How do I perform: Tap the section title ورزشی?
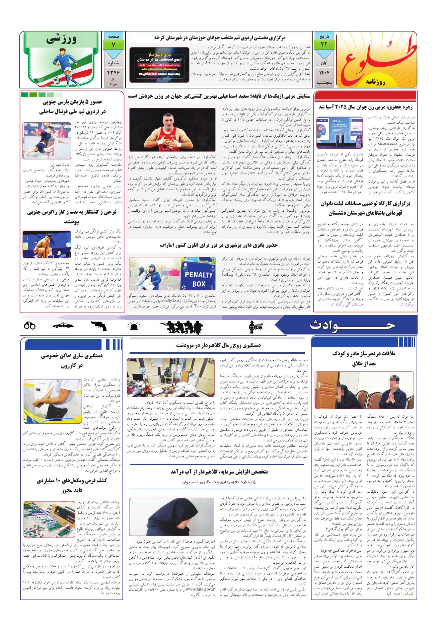tap(62, 40)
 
